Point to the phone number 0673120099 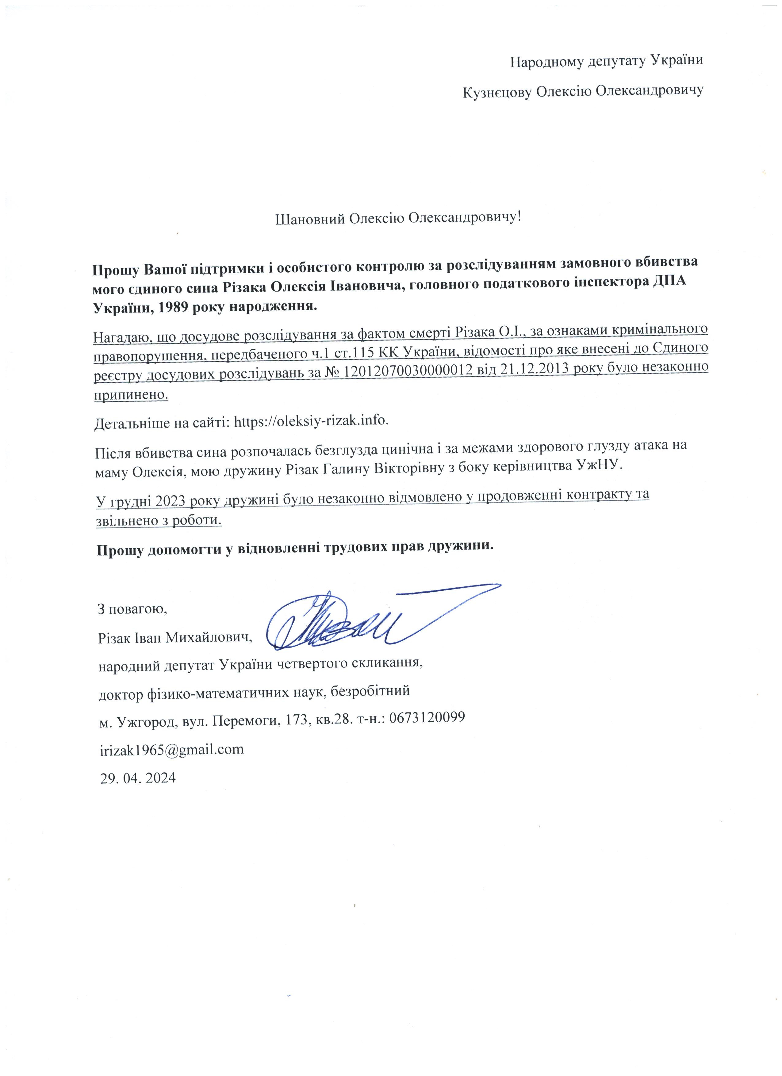click(430, 717)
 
